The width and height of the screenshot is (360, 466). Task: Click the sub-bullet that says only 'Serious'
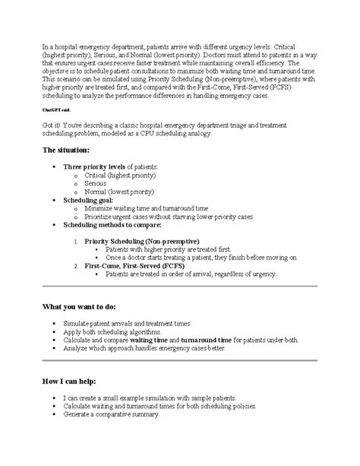96,183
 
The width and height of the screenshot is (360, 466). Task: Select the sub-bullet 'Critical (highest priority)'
118,175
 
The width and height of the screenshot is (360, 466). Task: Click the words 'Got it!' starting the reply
54,124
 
